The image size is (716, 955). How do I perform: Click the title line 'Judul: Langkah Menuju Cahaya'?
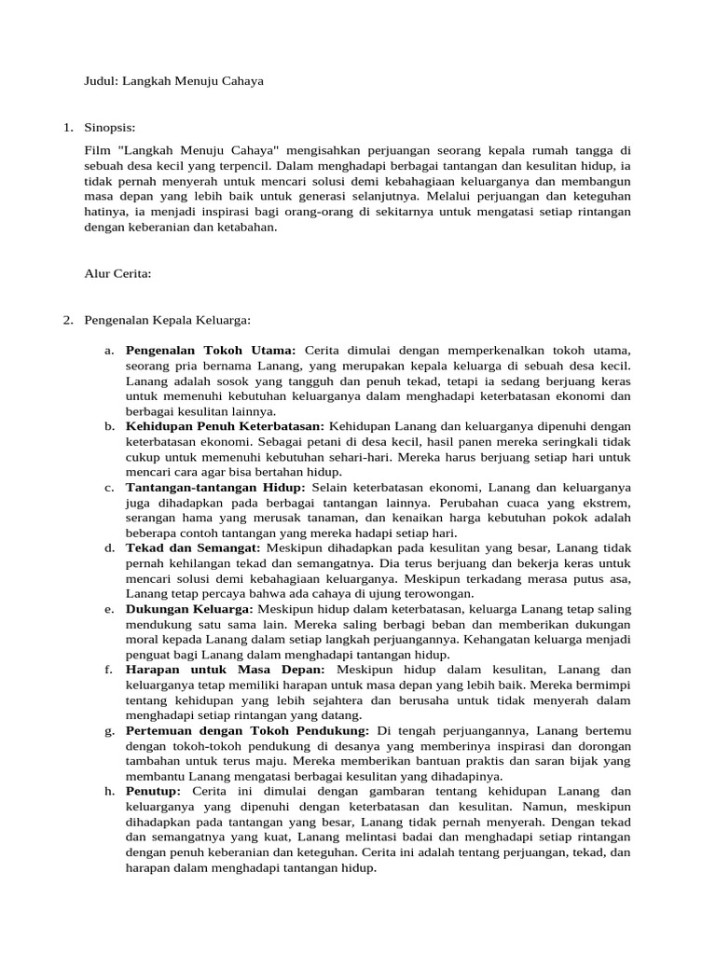pyautogui.click(x=173, y=81)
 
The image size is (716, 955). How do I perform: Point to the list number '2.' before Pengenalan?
pyautogui.click(x=68, y=320)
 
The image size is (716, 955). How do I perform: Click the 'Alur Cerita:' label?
pyautogui.click(x=117, y=274)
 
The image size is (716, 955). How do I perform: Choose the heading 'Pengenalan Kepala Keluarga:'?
pyautogui.click(x=168, y=320)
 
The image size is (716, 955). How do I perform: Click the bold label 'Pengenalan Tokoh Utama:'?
pyautogui.click(x=211, y=350)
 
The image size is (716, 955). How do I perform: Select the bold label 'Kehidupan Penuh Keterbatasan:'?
pyautogui.click(x=225, y=426)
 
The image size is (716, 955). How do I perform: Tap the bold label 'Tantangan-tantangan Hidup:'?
pyautogui.click(x=215, y=487)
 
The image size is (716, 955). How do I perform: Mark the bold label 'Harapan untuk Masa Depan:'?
pyautogui.click(x=226, y=670)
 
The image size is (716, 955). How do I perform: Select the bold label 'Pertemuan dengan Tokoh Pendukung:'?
pyautogui.click(x=247, y=730)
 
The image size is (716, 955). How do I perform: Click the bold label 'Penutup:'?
pyautogui.click(x=158, y=792)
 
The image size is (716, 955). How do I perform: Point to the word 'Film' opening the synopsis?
pyautogui.click(x=96, y=149)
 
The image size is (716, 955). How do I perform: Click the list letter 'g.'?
pyautogui.click(x=110, y=730)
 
